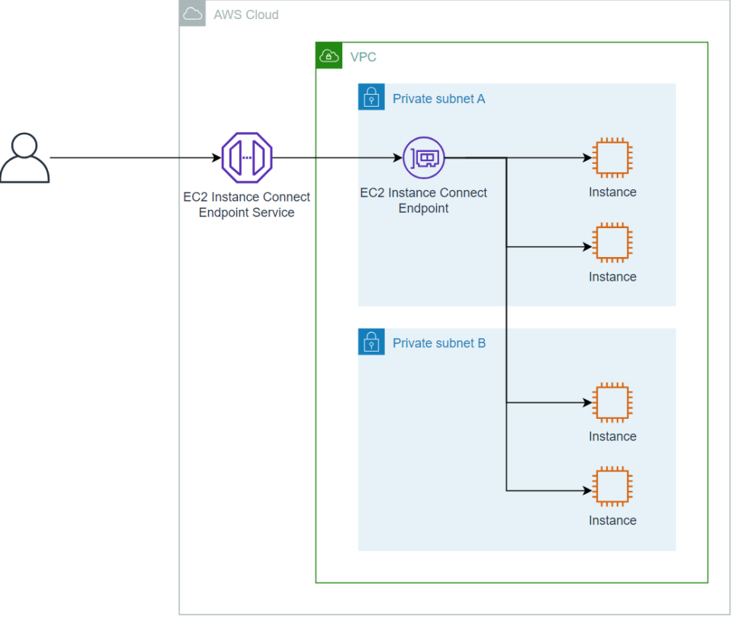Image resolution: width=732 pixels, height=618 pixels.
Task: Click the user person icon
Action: pyautogui.click(x=24, y=158)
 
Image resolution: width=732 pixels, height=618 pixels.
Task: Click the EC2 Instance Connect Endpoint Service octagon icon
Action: pyautogui.click(x=247, y=158)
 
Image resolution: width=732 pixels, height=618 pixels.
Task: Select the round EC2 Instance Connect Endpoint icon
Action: pyautogui.click(x=423, y=158)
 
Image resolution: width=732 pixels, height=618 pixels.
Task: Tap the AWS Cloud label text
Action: pyautogui.click(x=246, y=14)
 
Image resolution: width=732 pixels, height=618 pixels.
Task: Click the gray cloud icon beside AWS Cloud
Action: pyautogui.click(x=192, y=14)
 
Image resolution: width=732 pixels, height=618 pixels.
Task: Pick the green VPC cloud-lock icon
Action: pyautogui.click(x=329, y=56)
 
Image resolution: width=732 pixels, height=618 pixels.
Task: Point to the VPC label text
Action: pyautogui.click(x=363, y=56)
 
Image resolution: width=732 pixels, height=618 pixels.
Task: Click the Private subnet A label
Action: pyautogui.click(x=438, y=98)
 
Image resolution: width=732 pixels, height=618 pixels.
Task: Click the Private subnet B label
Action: pyautogui.click(x=438, y=343)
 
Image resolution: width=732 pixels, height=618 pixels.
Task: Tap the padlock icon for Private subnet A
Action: pyautogui.click(x=371, y=98)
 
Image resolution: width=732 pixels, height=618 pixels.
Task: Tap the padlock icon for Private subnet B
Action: pyautogui.click(x=371, y=342)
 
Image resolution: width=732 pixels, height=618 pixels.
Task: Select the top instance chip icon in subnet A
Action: pyautogui.click(x=612, y=158)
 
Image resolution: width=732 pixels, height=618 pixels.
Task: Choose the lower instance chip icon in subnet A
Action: pyautogui.click(x=612, y=243)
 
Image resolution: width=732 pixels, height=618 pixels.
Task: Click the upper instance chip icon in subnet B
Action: pyautogui.click(x=612, y=402)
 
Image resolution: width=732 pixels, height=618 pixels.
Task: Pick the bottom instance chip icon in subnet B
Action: pyautogui.click(x=612, y=487)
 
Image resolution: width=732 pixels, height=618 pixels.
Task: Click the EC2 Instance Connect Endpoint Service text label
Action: pyautogui.click(x=247, y=204)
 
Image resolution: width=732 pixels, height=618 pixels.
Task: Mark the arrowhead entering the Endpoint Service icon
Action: pyautogui.click(x=216, y=158)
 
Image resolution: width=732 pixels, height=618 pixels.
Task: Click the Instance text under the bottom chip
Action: pyautogui.click(x=612, y=520)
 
